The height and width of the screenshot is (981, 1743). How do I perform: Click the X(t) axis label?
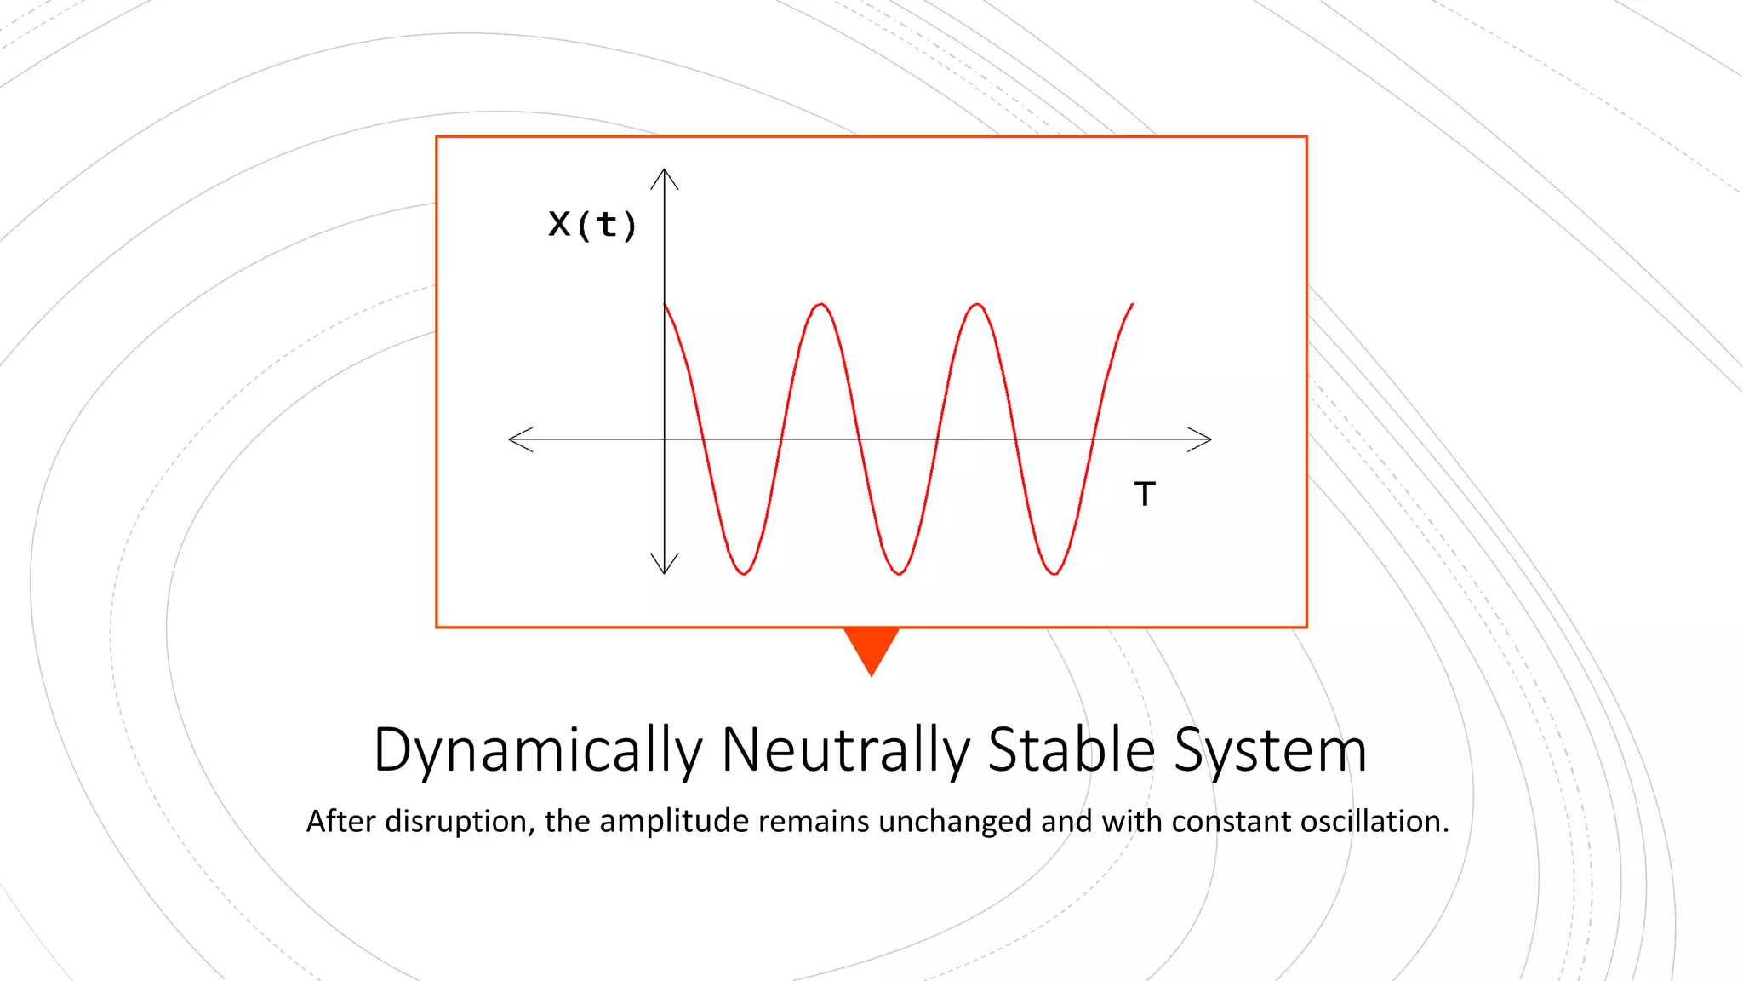coord(592,226)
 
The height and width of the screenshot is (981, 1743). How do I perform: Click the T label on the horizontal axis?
coord(1145,494)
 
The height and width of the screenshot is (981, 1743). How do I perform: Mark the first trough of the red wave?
coord(744,573)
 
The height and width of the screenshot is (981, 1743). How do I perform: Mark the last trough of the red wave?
coord(1054,573)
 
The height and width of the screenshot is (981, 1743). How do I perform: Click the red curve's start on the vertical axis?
coord(666,305)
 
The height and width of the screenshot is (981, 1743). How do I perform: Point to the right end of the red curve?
coord(1132,304)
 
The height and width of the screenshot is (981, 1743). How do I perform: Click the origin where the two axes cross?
coord(665,439)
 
